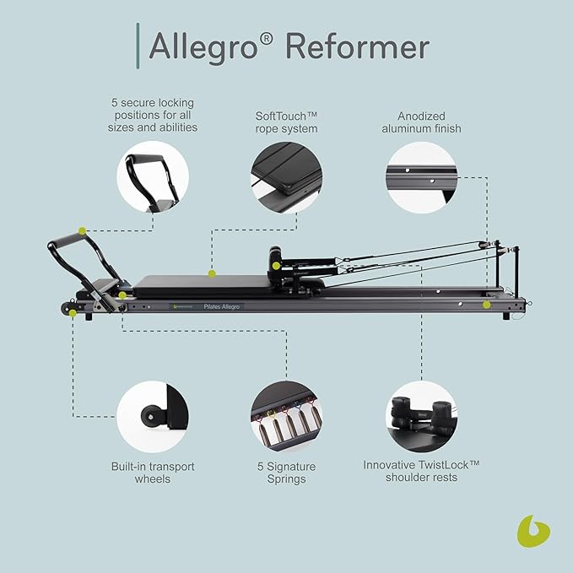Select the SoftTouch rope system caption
click(x=286, y=122)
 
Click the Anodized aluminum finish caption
click(x=423, y=122)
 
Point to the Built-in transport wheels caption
click(x=153, y=472)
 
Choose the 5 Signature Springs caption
click(x=286, y=472)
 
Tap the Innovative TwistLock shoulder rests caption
click(x=422, y=470)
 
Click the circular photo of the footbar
click(x=153, y=176)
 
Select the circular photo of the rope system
click(x=286, y=176)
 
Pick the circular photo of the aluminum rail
click(x=422, y=176)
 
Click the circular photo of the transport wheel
click(x=153, y=416)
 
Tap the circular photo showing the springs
click(x=286, y=416)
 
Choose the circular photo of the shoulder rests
click(x=422, y=416)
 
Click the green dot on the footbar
click(x=82, y=230)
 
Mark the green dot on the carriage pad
click(x=212, y=273)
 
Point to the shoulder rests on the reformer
click(x=276, y=259)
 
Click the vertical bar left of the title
click(x=138, y=45)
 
